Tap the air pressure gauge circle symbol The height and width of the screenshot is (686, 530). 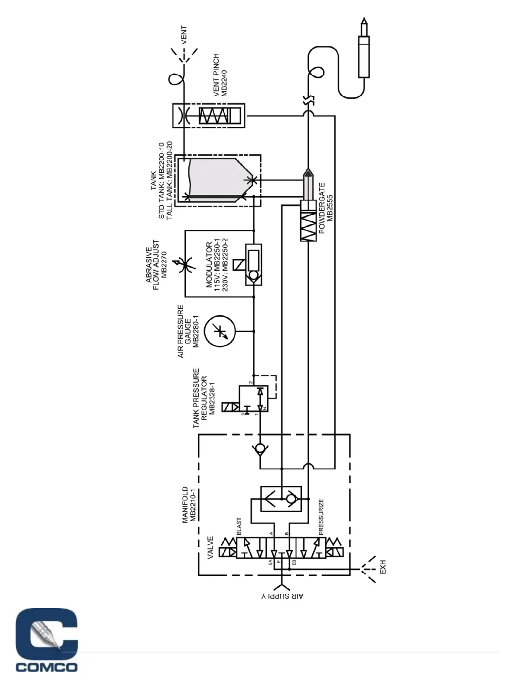point(220,331)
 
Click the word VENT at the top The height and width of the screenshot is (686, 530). point(184,36)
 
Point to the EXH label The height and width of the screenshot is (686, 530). point(382,567)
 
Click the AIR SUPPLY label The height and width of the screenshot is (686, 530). point(282,596)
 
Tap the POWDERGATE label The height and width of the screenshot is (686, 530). point(322,208)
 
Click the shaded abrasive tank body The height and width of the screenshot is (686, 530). point(214,178)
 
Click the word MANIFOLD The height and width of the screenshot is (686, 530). point(185,505)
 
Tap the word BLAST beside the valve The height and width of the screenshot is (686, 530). point(239,527)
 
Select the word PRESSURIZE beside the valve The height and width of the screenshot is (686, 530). point(321,518)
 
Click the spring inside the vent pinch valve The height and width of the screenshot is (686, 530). point(213,115)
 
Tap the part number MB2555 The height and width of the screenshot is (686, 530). point(330,208)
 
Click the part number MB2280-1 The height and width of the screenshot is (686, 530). point(195,331)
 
